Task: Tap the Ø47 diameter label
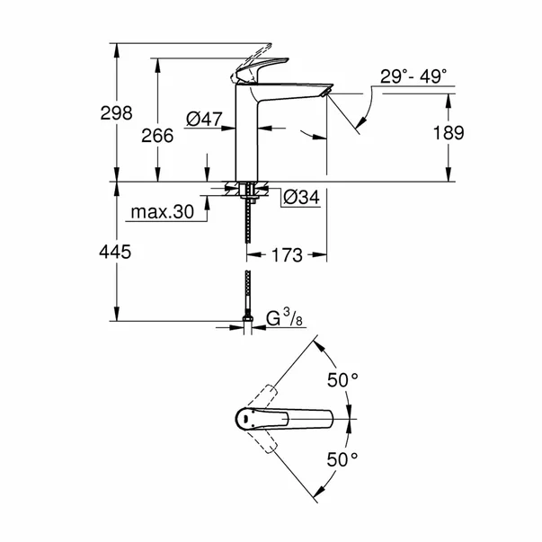pyautogui.click(x=204, y=117)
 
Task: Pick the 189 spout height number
pyautogui.click(x=448, y=133)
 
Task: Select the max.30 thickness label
pyautogui.click(x=163, y=213)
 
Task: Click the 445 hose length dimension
pyautogui.click(x=114, y=253)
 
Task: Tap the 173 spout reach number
pyautogui.click(x=285, y=255)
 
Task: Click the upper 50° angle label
pyautogui.click(x=342, y=381)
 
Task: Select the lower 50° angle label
pyautogui.click(x=342, y=459)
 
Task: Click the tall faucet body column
pyautogui.click(x=248, y=135)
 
